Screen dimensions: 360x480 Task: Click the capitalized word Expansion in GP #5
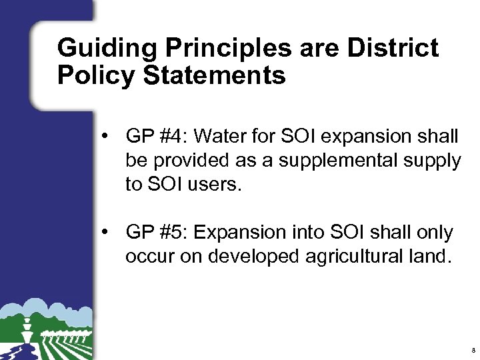point(243,233)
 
